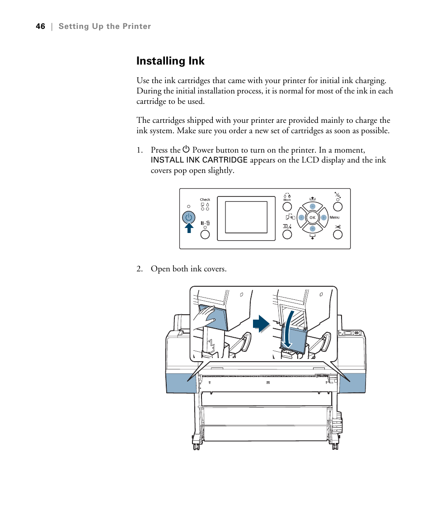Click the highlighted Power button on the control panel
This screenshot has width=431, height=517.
(189, 218)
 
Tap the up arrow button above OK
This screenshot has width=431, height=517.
(312, 206)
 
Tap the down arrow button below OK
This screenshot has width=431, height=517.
(312, 228)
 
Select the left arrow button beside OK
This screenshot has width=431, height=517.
(301, 218)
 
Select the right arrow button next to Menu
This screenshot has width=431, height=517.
(323, 218)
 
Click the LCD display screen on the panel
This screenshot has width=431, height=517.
(246, 218)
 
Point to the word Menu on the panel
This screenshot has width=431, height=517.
(334, 218)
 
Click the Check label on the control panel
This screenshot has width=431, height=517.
(205, 200)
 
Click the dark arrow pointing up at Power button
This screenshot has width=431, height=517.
(189, 228)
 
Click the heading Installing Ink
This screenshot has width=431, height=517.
(170, 61)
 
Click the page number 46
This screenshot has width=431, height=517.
(41, 27)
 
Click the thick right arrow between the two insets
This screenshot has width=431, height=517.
(261, 324)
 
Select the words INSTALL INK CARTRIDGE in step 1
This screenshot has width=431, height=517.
(199, 160)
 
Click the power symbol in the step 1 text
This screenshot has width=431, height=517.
(186, 149)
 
